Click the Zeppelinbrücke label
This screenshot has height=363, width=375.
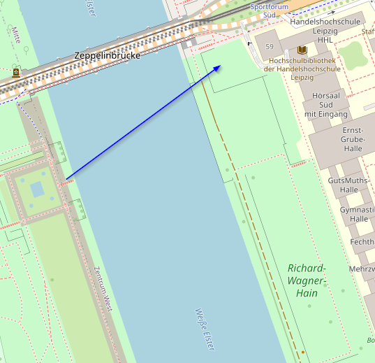tap(107, 55)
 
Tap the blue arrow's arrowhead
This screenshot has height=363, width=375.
tap(219, 66)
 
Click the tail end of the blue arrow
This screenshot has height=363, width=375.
tap(68, 179)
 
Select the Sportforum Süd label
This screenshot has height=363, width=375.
tap(269, 10)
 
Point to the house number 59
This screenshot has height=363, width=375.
tap(270, 46)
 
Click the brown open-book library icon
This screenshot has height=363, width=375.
tap(302, 50)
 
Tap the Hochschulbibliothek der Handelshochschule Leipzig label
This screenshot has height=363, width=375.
tap(302, 69)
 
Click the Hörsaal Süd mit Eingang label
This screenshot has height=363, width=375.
tap(325, 104)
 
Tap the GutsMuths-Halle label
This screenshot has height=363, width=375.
tap(348, 185)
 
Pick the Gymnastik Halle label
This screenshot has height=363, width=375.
tap(358, 214)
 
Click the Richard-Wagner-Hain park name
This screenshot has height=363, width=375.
tap(307, 280)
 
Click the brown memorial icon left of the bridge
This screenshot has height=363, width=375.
tap(15, 72)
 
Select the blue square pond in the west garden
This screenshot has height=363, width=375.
tap(37, 189)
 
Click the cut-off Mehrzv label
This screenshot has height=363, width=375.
tap(362, 269)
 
